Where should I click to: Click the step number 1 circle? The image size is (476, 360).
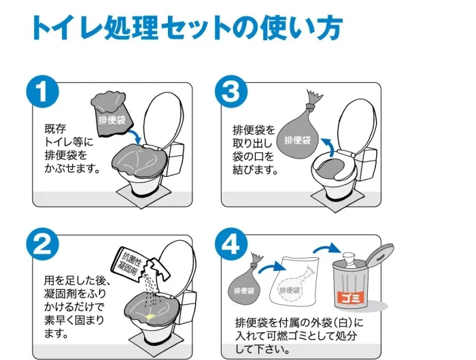click(42, 91)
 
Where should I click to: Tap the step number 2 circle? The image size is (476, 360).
click(42, 244)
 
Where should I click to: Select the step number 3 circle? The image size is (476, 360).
click(231, 91)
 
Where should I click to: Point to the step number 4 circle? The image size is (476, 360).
click(231, 244)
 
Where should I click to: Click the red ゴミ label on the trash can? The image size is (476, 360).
click(350, 298)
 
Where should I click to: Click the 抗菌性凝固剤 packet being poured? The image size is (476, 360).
click(142, 263)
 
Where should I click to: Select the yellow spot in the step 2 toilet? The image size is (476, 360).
click(150, 317)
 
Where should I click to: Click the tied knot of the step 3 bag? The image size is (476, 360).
click(310, 106)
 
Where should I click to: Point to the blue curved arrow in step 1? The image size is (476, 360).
click(137, 135)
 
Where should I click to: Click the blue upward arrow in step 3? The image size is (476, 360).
click(328, 146)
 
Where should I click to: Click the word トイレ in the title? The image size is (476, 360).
click(67, 28)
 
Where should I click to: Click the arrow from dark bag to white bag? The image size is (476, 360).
click(272, 267)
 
